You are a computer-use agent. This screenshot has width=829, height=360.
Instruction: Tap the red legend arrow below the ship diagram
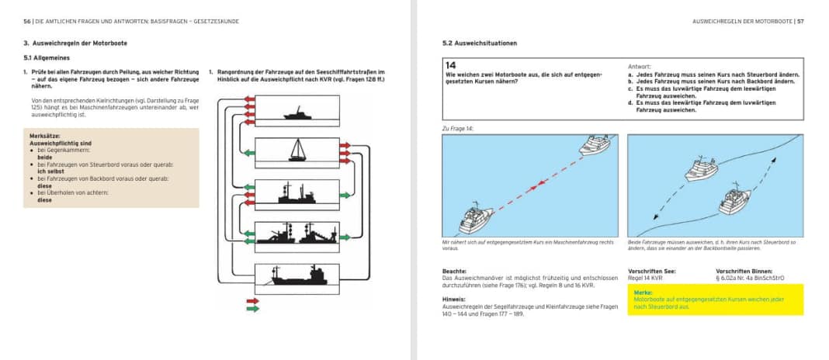tap(252, 300)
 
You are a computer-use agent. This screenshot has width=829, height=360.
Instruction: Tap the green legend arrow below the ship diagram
tap(252, 309)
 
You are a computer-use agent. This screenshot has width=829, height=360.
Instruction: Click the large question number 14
tap(452, 65)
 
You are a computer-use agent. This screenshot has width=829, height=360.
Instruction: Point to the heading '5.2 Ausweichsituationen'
tap(473, 43)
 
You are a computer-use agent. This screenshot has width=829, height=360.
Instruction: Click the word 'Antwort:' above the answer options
tap(640, 67)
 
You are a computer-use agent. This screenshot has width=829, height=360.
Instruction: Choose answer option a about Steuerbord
tap(714, 74)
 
